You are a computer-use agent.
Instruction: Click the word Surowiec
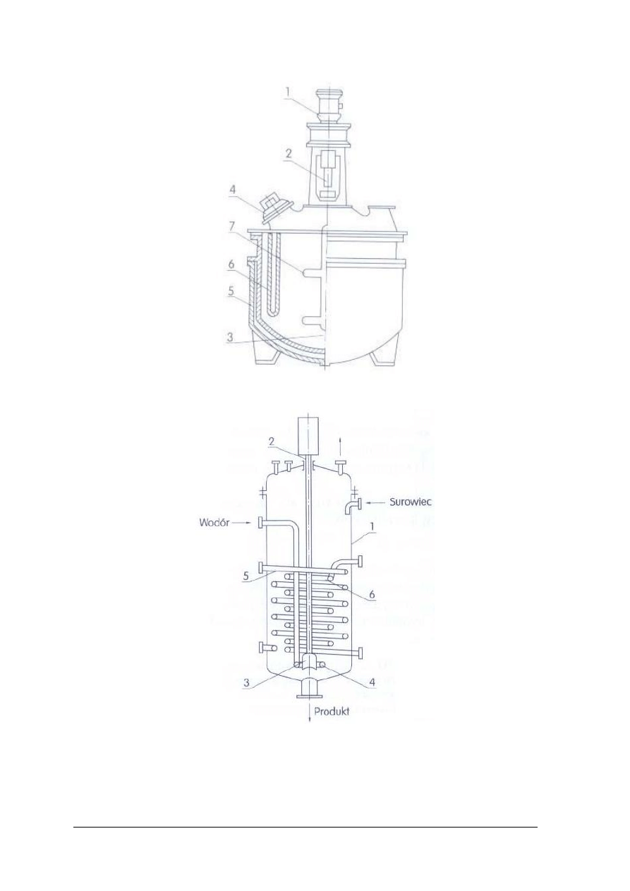coord(410,502)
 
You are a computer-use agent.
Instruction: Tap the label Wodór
coord(214,523)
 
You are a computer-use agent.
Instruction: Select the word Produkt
coord(332,712)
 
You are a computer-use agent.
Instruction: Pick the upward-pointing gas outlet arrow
coord(341,446)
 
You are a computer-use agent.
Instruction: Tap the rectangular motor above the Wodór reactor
coord(308,436)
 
